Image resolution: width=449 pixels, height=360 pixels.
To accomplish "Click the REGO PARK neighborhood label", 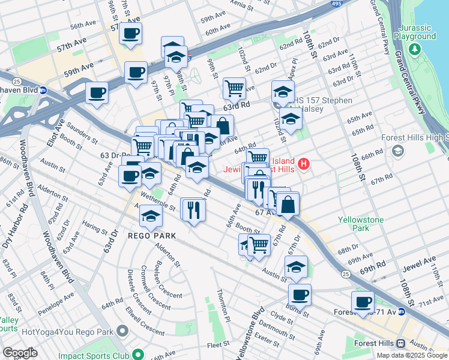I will [x=152, y=236].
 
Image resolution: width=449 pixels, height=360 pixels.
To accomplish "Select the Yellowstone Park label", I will [x=360, y=224].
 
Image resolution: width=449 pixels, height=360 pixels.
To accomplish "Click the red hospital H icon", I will [x=304, y=163].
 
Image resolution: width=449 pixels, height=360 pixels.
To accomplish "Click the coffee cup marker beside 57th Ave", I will [x=130, y=33].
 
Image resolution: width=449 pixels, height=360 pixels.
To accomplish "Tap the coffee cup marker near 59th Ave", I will [x=136, y=73].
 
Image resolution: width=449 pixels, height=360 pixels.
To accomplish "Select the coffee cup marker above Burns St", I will [x=300, y=295].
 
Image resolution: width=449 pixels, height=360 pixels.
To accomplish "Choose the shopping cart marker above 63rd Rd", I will [x=234, y=88].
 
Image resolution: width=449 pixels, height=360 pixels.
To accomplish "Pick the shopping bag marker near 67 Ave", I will [x=288, y=204].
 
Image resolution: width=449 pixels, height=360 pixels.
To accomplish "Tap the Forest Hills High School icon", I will [x=397, y=151].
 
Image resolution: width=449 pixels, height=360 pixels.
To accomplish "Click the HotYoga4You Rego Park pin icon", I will [x=123, y=331].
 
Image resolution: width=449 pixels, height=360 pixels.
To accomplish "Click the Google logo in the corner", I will [x=20, y=353].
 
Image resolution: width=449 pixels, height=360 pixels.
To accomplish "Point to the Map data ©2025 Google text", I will [x=412, y=355].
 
